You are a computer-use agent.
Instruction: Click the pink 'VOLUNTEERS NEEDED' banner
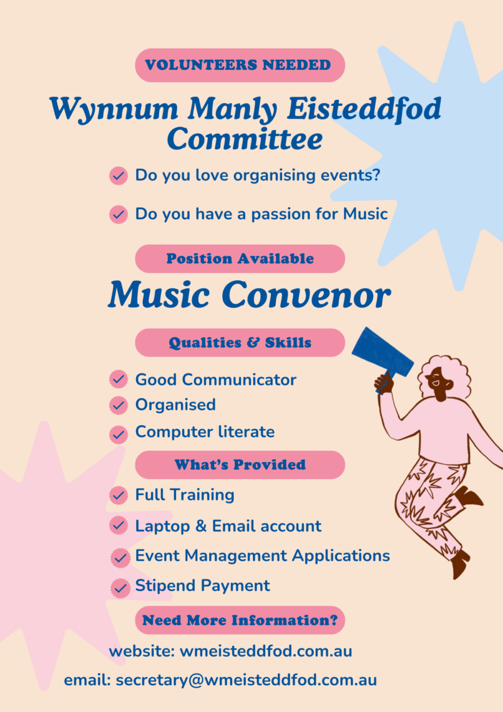[x=240, y=65]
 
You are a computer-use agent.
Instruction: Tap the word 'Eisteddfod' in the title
[x=364, y=109]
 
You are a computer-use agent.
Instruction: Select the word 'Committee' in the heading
[x=245, y=139]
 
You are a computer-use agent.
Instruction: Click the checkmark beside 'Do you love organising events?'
[x=119, y=176]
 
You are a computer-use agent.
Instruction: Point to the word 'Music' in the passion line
[x=365, y=214]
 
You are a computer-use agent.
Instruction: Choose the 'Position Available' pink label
[x=240, y=259]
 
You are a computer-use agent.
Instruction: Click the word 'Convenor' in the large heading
[x=306, y=295]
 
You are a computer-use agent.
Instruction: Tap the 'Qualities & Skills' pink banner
[x=240, y=342]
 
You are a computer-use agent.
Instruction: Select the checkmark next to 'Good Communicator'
[x=119, y=378]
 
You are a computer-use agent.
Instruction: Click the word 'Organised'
[x=175, y=405]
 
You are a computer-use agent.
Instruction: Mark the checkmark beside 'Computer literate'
[x=119, y=434]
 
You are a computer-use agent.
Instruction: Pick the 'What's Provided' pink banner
[x=240, y=465]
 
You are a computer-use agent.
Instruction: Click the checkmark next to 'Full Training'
[x=119, y=495]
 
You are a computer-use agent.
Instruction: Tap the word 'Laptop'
[x=162, y=527]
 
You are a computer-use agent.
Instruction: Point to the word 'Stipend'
[x=162, y=586]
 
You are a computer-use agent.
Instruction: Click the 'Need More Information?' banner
[x=240, y=620]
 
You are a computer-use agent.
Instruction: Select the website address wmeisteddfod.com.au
[x=266, y=651]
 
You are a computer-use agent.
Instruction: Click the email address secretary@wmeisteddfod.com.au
[x=247, y=680]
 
